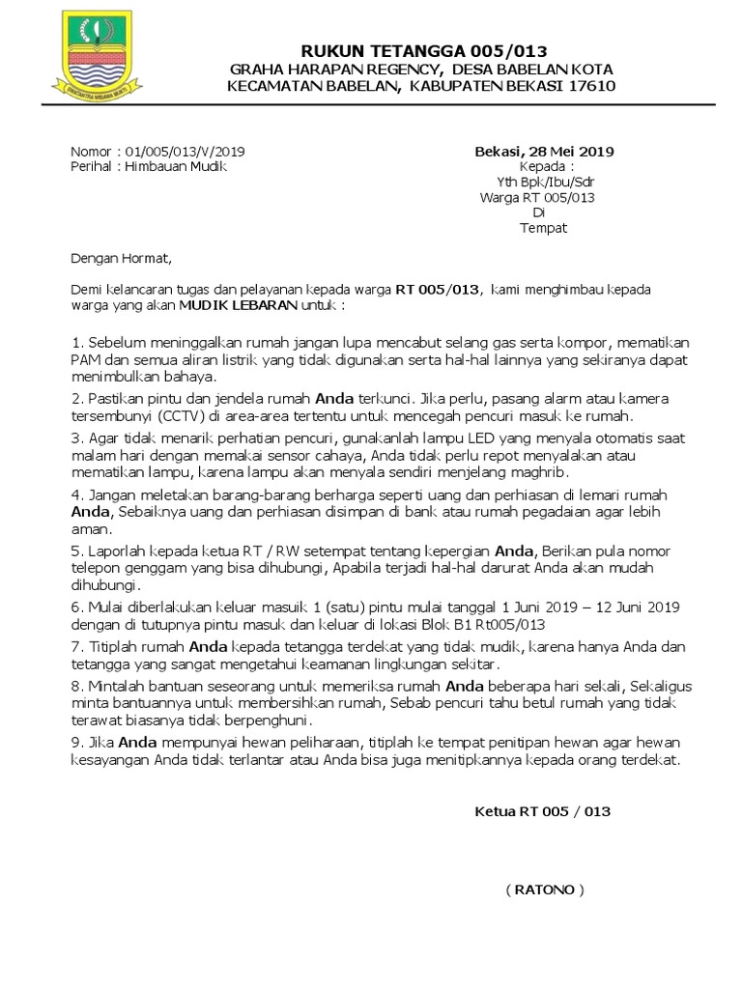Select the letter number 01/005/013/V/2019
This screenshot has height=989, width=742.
pyautogui.click(x=185, y=152)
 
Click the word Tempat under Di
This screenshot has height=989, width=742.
pyautogui.click(x=544, y=229)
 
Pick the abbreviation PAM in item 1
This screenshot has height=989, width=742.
pyautogui.click(x=85, y=360)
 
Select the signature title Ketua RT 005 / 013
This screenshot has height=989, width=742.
pyautogui.click(x=543, y=811)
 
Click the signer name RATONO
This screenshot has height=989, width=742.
pyautogui.click(x=544, y=889)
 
